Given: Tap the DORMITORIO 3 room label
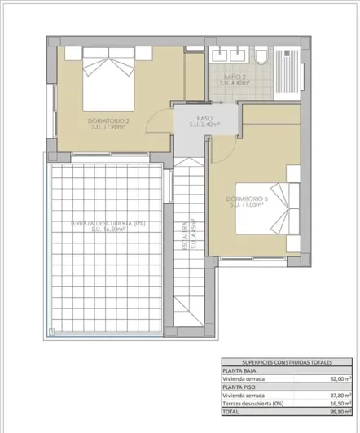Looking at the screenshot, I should (x=248, y=202).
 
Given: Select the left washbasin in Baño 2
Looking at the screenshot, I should (x=220, y=55).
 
